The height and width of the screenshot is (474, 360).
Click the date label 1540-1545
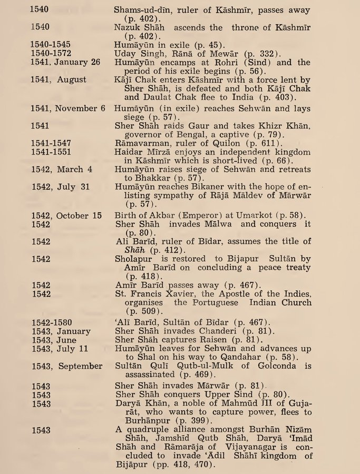click(50, 44)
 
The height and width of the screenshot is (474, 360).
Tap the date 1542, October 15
click(65, 214)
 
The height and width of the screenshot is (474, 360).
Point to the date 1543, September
click(66, 366)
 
